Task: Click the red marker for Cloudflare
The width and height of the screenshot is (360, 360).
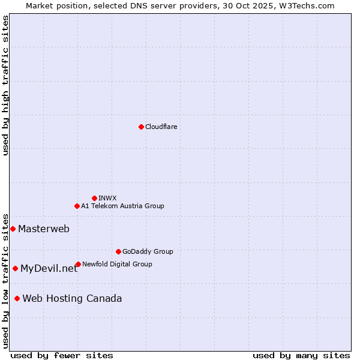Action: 141,127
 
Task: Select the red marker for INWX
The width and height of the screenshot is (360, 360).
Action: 94,198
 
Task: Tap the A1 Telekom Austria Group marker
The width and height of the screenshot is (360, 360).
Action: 77,206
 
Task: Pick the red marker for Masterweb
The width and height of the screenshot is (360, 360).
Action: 13,229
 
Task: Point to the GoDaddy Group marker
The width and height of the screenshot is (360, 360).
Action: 118,251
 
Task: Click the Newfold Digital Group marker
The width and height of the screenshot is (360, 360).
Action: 78,264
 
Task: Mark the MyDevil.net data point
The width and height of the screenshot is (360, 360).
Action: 15,268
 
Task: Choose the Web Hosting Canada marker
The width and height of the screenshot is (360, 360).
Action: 17,298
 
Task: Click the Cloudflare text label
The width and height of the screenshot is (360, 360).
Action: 161,127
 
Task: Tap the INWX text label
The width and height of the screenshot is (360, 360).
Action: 107,198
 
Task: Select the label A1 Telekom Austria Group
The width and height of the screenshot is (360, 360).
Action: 122,206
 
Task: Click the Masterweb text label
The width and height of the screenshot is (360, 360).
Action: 44,229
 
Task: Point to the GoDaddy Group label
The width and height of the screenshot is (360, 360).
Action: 148,251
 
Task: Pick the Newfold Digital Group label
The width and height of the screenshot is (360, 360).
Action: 117,264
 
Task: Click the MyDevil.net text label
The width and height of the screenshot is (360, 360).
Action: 49,268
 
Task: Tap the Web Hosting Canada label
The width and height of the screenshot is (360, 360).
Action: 72,298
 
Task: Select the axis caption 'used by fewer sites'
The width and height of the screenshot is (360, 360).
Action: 62,355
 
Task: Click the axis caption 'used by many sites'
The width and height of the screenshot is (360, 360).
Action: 301,355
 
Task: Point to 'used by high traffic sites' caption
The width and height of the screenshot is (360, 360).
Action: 5,85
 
